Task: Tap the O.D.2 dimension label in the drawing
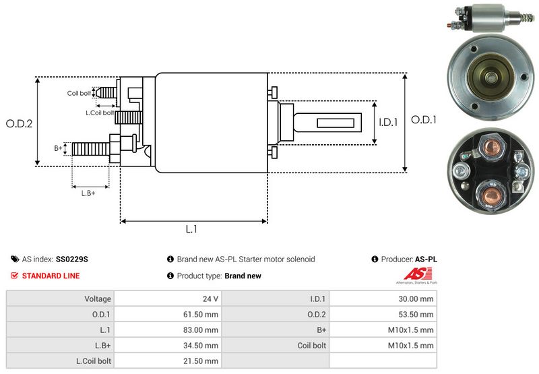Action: (20, 123)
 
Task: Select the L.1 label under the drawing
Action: (191, 229)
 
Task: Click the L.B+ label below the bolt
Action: (88, 193)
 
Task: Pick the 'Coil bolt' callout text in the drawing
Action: (78, 94)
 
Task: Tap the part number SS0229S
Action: (72, 259)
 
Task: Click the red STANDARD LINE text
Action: (51, 276)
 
